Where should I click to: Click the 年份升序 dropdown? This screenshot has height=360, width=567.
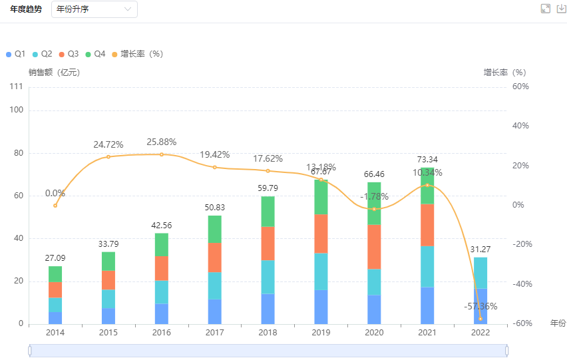tap(94, 9)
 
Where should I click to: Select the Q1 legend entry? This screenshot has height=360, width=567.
tap(16, 54)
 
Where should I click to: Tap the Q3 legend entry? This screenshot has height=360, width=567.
tap(69, 54)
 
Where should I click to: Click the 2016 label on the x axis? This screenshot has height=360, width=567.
tap(162, 331)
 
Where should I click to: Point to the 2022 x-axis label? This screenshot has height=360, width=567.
tap(480, 331)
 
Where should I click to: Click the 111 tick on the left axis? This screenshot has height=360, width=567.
tap(17, 87)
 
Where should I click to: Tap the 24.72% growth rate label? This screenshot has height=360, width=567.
tap(108, 144)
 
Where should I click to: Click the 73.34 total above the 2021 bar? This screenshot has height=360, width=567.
tap(427, 160)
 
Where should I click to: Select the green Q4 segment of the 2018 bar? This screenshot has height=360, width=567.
tap(268, 212)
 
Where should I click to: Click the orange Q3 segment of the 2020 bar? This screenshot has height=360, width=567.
tap(374, 247)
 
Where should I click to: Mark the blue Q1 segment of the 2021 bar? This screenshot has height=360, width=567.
tap(427, 305)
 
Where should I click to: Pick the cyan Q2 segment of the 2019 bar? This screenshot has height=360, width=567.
tap(321, 271)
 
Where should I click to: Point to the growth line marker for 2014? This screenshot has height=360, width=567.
tap(55, 206)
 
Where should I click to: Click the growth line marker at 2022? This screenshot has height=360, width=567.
tap(480, 319)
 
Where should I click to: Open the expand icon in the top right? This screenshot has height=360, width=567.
tap(546, 8)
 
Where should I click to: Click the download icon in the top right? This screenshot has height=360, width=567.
tap(561, 8)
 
